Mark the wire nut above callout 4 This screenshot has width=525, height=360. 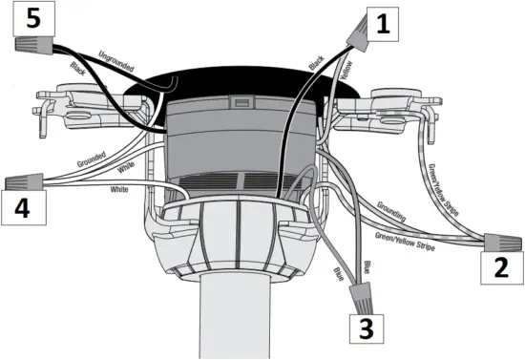click(24, 180)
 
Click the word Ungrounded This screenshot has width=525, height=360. click(115, 64)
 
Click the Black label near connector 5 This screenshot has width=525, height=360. click(86, 73)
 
